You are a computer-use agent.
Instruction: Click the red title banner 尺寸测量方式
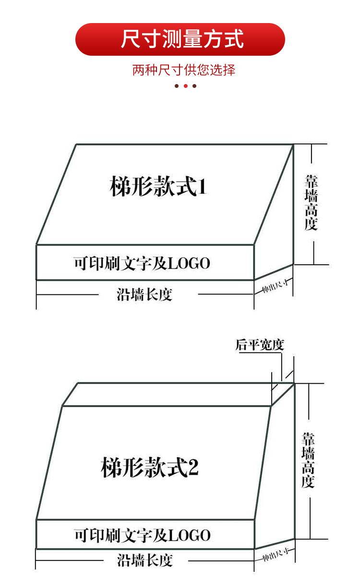click(x=180, y=39)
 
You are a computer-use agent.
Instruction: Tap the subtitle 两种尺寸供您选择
click(x=184, y=70)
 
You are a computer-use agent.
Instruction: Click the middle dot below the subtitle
click(x=185, y=86)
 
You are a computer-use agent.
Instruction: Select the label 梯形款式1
click(x=158, y=186)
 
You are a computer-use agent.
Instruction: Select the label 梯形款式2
click(x=149, y=467)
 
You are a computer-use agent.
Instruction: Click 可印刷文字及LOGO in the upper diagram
click(x=142, y=263)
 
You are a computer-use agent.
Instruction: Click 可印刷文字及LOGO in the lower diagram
click(x=142, y=535)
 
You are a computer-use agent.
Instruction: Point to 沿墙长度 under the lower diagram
click(x=145, y=560)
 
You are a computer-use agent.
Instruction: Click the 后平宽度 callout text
click(x=260, y=345)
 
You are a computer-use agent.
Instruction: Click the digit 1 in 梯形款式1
click(x=202, y=186)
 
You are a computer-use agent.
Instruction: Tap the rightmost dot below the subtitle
click(x=194, y=86)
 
